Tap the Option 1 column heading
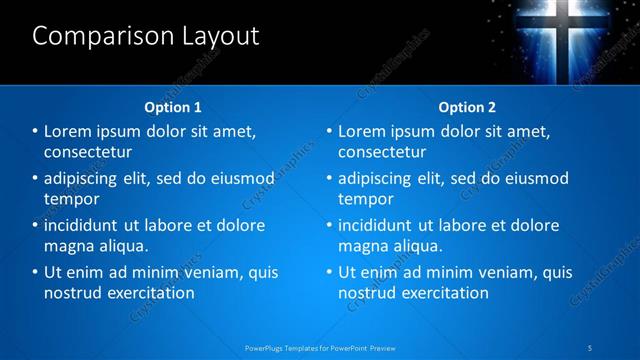pyautogui.click(x=173, y=107)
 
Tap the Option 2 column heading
pyautogui.click(x=467, y=107)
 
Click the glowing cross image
pyautogui.click(x=564, y=36)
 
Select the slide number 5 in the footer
pyautogui.click(x=591, y=348)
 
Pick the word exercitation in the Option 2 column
pyautogui.click(x=441, y=293)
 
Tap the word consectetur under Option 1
pyautogui.click(x=88, y=152)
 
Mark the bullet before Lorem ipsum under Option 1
pyautogui.click(x=35, y=131)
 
